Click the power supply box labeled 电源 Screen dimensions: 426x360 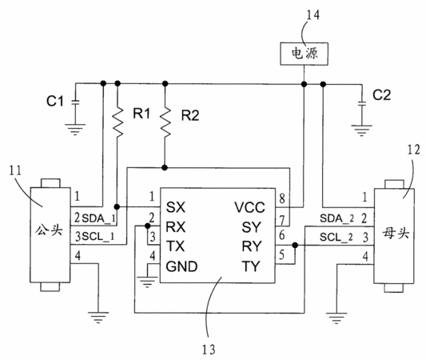pyautogui.click(x=304, y=54)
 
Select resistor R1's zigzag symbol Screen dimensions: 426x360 pyautogui.click(x=117, y=122)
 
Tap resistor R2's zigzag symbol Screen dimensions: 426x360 pyautogui.click(x=165, y=122)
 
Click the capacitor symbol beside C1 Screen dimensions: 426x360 pyautogui.click(x=75, y=102)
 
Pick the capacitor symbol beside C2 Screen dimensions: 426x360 pyautogui.click(x=361, y=103)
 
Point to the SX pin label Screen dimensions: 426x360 pyautogui.click(x=176, y=207)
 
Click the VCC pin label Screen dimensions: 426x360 pyautogui.click(x=249, y=207)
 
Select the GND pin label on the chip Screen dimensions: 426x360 pyautogui.click(x=181, y=266)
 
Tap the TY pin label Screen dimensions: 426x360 pyautogui.click(x=251, y=266)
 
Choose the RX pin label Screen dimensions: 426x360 pyautogui.click(x=176, y=227)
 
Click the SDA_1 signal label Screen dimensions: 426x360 pyautogui.click(x=98, y=218)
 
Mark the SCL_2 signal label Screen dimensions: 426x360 pyautogui.click(x=336, y=238)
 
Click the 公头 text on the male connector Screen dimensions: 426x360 pyautogui.click(x=50, y=230)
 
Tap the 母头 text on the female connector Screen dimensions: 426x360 pyautogui.click(x=396, y=233)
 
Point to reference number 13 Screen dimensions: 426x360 pyautogui.click(x=209, y=350)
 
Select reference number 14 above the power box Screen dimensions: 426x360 pyautogui.click(x=313, y=15)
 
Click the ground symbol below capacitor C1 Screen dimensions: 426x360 pyautogui.click(x=75, y=130)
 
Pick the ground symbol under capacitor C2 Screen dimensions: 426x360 pyautogui.click(x=361, y=130)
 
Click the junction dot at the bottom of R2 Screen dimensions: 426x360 pyautogui.click(x=165, y=167)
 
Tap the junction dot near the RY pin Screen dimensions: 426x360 pyautogui.click(x=295, y=246)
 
